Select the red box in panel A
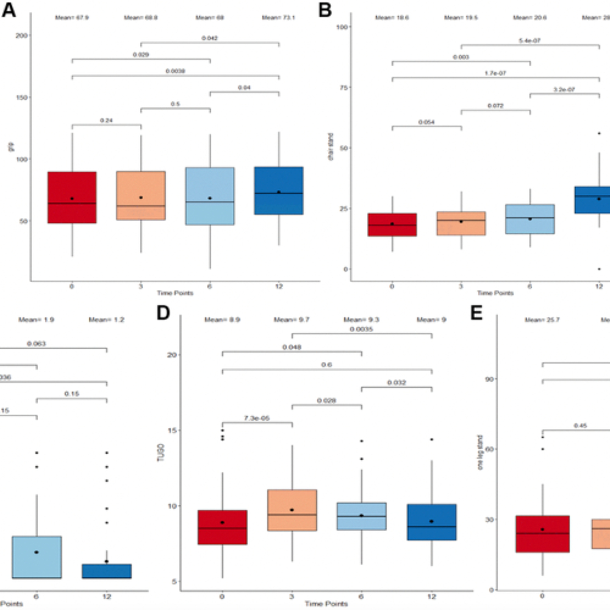click(x=72, y=197)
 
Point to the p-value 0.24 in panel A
click(x=106, y=120)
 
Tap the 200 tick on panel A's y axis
click(x=22, y=35)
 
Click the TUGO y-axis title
click(x=161, y=452)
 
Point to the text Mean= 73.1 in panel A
click(x=279, y=18)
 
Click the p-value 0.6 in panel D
click(x=327, y=365)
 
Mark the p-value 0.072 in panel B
click(x=495, y=106)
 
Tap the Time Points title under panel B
click(x=495, y=293)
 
